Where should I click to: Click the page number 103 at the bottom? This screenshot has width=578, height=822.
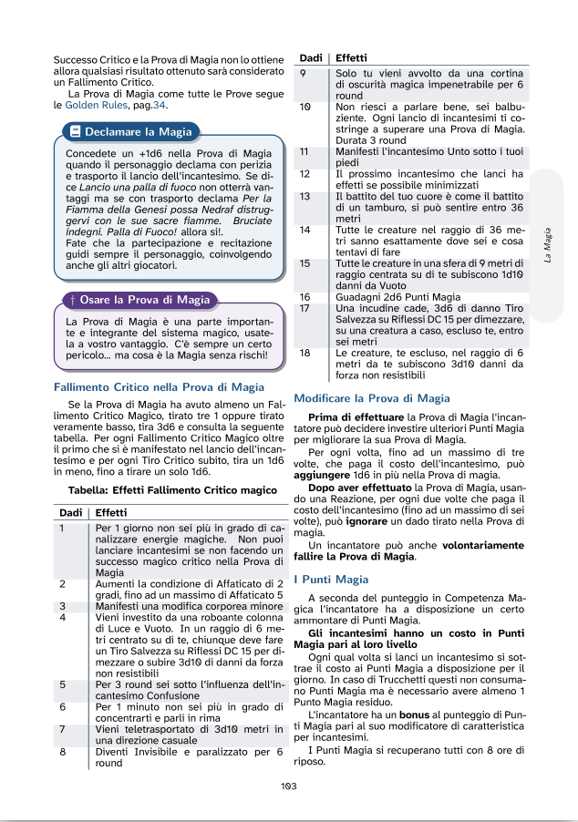(289, 786)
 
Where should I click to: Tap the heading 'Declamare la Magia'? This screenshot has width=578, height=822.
(138, 131)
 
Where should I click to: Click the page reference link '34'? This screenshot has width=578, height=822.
(160, 105)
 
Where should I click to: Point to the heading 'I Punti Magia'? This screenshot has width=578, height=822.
(331, 579)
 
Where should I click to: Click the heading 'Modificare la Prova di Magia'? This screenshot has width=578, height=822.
(372, 398)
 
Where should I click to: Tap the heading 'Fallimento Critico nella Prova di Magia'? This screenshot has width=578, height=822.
(159, 386)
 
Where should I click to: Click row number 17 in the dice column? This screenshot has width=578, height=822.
(305, 308)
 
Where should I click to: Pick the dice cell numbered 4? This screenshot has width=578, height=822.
(62, 617)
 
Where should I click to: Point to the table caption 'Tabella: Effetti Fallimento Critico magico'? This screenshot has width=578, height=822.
(171, 490)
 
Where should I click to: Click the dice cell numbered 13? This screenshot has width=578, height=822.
(305, 196)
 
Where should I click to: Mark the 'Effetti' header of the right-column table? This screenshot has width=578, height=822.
(351, 58)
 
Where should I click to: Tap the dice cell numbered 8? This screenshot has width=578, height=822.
(62, 752)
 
